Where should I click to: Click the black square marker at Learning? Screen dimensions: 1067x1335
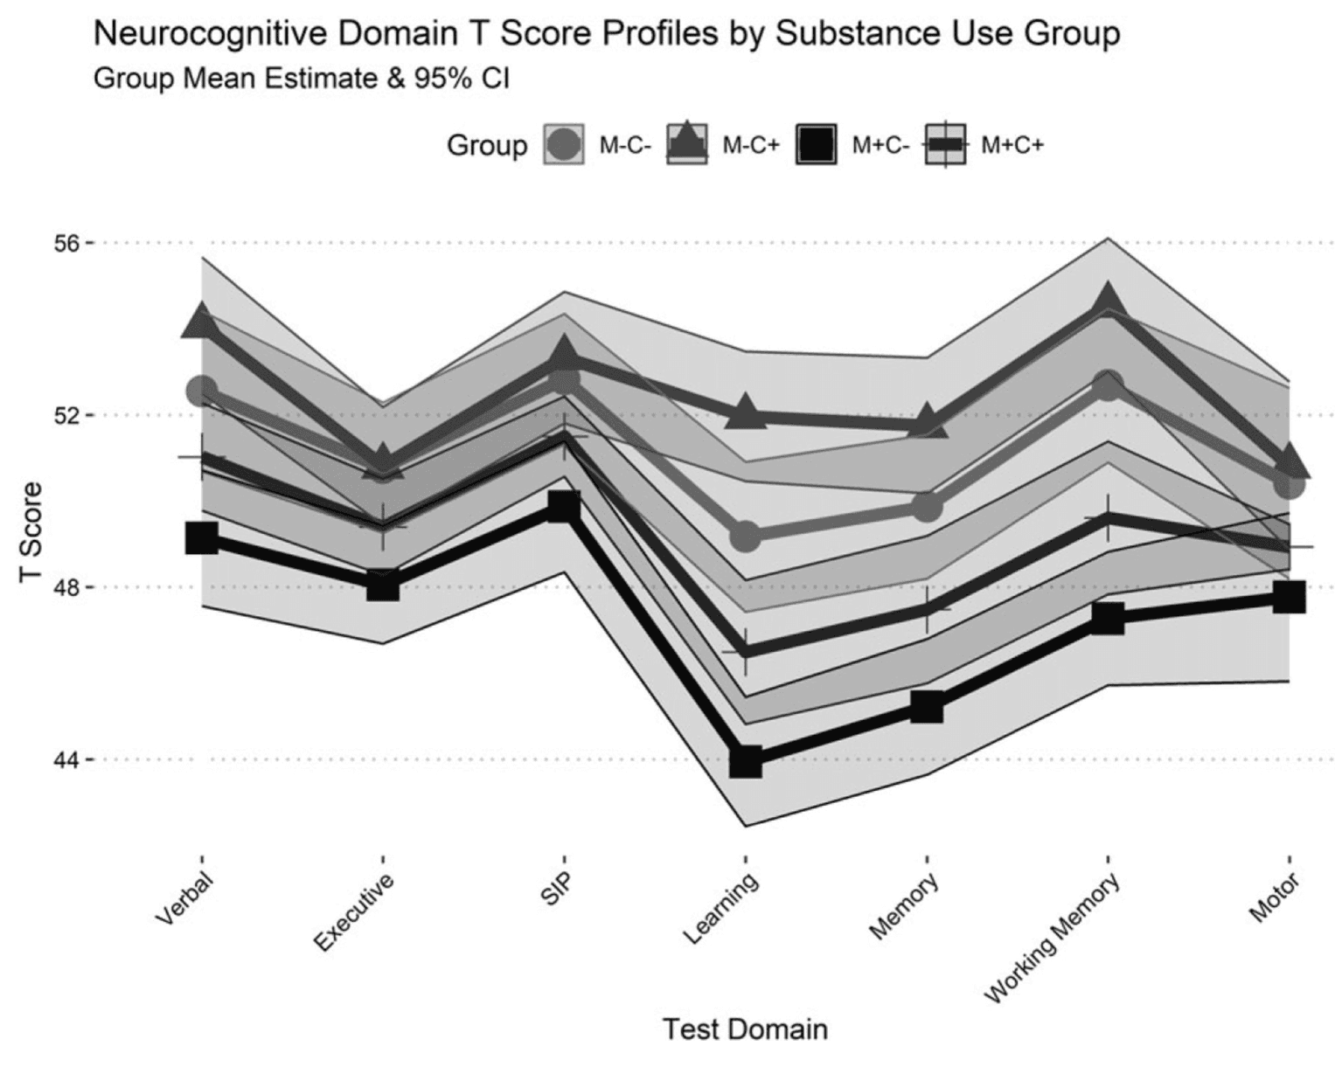[x=745, y=761]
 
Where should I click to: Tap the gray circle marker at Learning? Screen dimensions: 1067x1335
[x=745, y=537]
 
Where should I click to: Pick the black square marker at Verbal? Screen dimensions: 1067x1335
[x=202, y=538]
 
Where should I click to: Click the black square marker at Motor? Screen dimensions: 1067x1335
[x=1289, y=598]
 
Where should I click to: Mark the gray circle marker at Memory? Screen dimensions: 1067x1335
[x=928, y=506]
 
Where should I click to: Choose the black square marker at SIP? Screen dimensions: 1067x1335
[x=564, y=506]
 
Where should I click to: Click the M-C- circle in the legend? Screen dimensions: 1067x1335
[x=563, y=145]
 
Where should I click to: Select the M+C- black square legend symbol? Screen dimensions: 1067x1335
[x=817, y=145]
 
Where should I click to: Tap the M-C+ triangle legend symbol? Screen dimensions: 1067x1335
[x=686, y=142]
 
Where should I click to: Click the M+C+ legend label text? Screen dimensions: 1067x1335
[x=1012, y=145]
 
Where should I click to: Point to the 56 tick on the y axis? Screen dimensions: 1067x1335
[x=66, y=243]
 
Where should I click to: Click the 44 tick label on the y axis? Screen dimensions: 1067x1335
[x=66, y=759]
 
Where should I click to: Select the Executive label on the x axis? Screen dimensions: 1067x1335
[x=354, y=912]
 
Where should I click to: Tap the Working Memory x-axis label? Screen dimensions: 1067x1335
[x=1053, y=940]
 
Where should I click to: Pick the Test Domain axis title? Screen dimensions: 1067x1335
[x=745, y=1029]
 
